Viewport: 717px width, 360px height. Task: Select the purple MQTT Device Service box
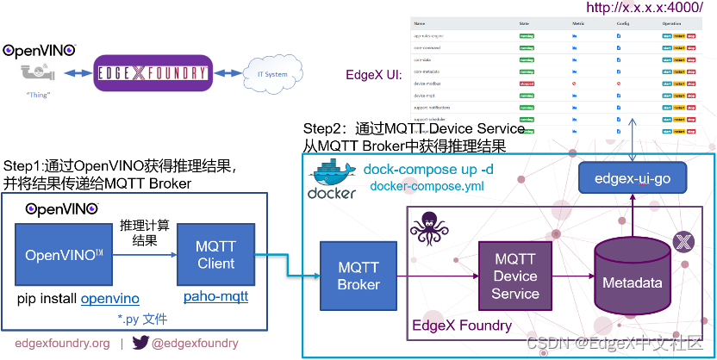[514, 276]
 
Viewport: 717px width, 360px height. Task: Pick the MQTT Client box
[215, 255]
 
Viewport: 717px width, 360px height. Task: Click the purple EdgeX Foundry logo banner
[152, 74]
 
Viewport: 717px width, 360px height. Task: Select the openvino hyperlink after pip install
[109, 299]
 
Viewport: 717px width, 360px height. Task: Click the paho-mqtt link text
[215, 298]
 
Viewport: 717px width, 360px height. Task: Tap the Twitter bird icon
[141, 344]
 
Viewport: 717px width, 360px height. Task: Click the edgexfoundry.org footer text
[62, 344]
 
